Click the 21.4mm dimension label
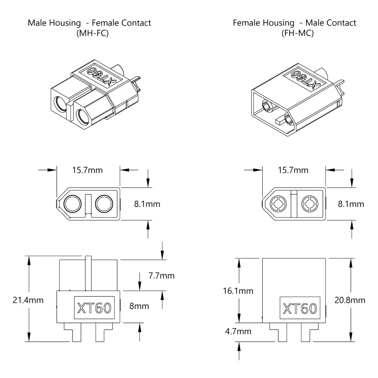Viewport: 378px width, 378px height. [x=28, y=301]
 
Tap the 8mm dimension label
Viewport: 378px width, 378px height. [x=139, y=306]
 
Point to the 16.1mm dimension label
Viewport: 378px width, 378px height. [x=238, y=291]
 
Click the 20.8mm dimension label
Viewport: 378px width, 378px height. [x=350, y=300]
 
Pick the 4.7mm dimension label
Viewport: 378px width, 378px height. [x=238, y=332]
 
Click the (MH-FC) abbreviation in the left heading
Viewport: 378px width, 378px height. [x=89, y=33]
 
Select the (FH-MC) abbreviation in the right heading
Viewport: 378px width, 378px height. [x=294, y=33]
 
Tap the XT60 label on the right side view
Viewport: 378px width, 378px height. [x=300, y=308]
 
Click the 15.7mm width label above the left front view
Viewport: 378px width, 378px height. [x=87, y=170]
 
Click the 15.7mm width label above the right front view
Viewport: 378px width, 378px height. [x=293, y=170]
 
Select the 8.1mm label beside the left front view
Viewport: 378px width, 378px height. [x=147, y=204]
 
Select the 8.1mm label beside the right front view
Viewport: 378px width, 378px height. [x=351, y=204]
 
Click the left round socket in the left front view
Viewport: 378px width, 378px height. [x=72, y=204]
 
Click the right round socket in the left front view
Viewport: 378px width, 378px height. [x=104, y=204]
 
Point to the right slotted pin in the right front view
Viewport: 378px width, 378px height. [x=310, y=204]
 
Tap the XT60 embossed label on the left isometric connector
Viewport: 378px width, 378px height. [x=98, y=76]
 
